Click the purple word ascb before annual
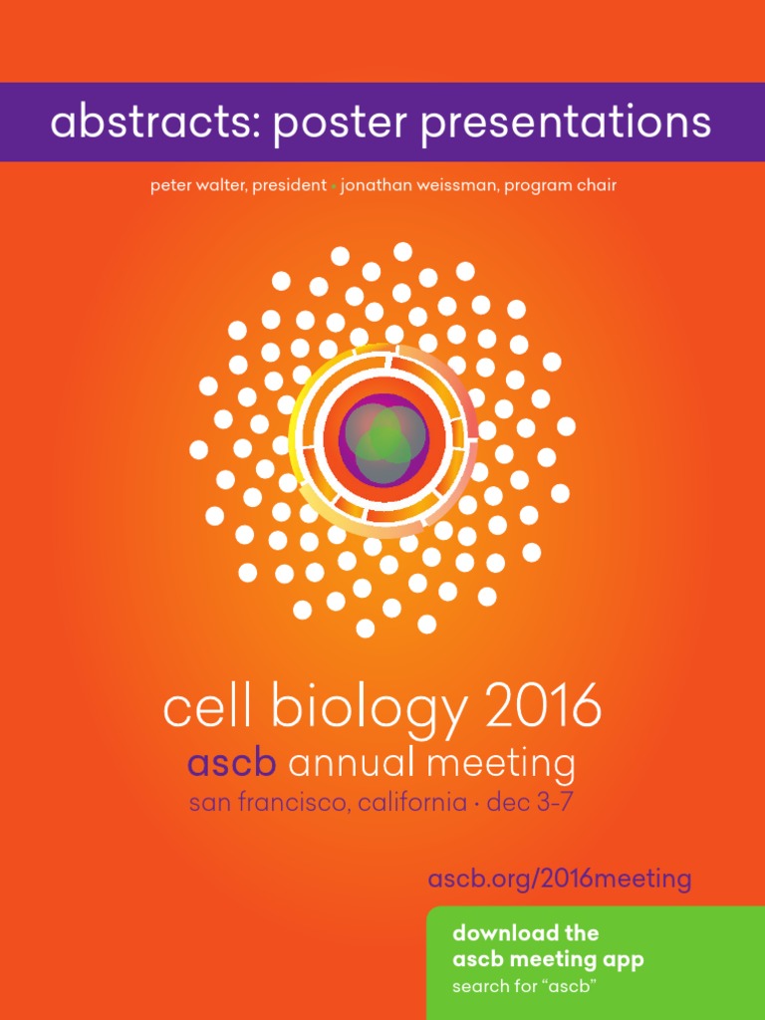click(234, 764)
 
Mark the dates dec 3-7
click(530, 803)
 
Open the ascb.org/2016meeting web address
click(559, 880)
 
